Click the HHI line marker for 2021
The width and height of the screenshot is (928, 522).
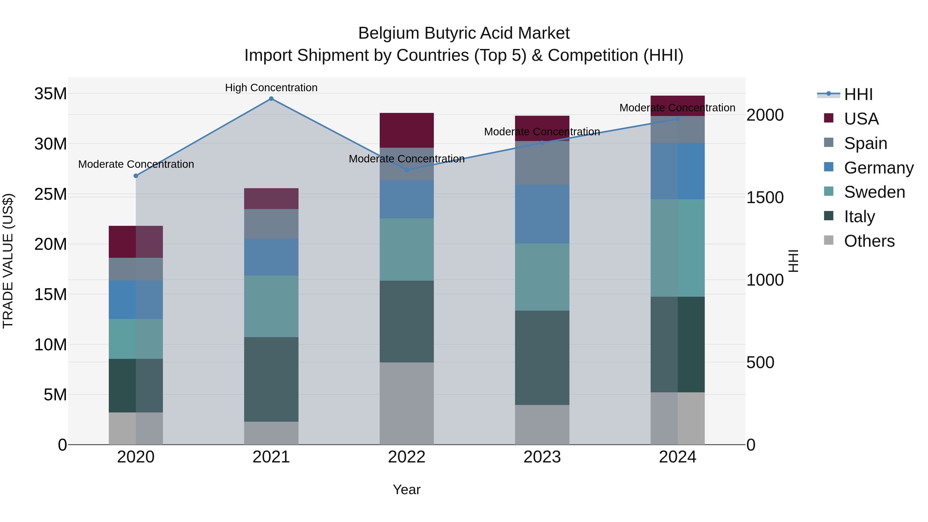click(271, 99)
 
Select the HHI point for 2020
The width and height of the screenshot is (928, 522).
click(136, 176)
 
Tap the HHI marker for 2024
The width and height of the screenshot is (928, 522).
click(678, 119)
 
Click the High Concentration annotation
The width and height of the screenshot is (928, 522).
click(271, 88)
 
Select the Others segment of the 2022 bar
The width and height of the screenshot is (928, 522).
click(407, 403)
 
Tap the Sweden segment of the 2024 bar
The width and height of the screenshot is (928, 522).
click(678, 248)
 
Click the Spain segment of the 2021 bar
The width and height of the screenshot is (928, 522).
click(271, 224)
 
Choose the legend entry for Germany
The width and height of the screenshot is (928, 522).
click(878, 168)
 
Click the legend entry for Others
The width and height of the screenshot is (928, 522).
click(869, 241)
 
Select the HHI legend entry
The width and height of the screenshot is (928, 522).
click(858, 94)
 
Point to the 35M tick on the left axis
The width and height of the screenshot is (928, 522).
click(51, 94)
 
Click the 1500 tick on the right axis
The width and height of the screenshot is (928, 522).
click(765, 197)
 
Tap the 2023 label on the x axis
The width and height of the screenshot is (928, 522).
click(542, 457)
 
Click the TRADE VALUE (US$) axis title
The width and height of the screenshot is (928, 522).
click(8, 261)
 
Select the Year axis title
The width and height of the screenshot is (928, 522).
click(407, 490)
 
